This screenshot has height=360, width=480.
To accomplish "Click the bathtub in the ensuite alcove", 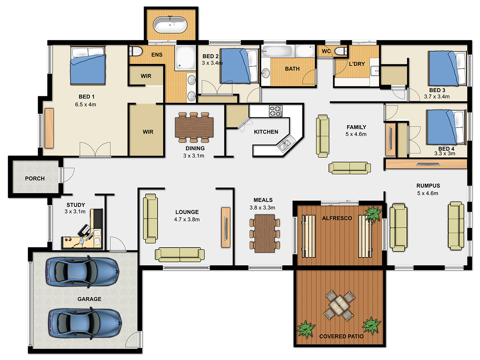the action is (x=170, y=25).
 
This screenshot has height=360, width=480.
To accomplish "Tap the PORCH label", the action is (x=35, y=178).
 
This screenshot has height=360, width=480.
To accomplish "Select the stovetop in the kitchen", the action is (x=276, y=111).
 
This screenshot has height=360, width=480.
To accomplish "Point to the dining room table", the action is (x=194, y=128).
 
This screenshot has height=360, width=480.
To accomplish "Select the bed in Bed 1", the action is (x=88, y=65).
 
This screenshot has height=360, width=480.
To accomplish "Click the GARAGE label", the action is (x=89, y=299).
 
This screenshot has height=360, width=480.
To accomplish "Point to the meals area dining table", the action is (x=265, y=234).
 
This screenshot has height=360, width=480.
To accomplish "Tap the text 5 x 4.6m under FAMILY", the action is (x=356, y=134).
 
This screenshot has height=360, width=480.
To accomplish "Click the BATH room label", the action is (x=292, y=69).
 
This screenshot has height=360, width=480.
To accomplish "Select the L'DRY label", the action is (x=357, y=64).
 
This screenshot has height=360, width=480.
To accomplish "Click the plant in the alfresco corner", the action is (x=374, y=214).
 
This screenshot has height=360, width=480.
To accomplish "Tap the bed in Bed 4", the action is (x=446, y=127).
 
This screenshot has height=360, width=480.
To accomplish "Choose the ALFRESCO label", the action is (x=337, y=218).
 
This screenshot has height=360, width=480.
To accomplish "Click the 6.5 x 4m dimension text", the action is (x=86, y=104).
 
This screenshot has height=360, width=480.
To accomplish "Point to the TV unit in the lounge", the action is (x=226, y=227).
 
